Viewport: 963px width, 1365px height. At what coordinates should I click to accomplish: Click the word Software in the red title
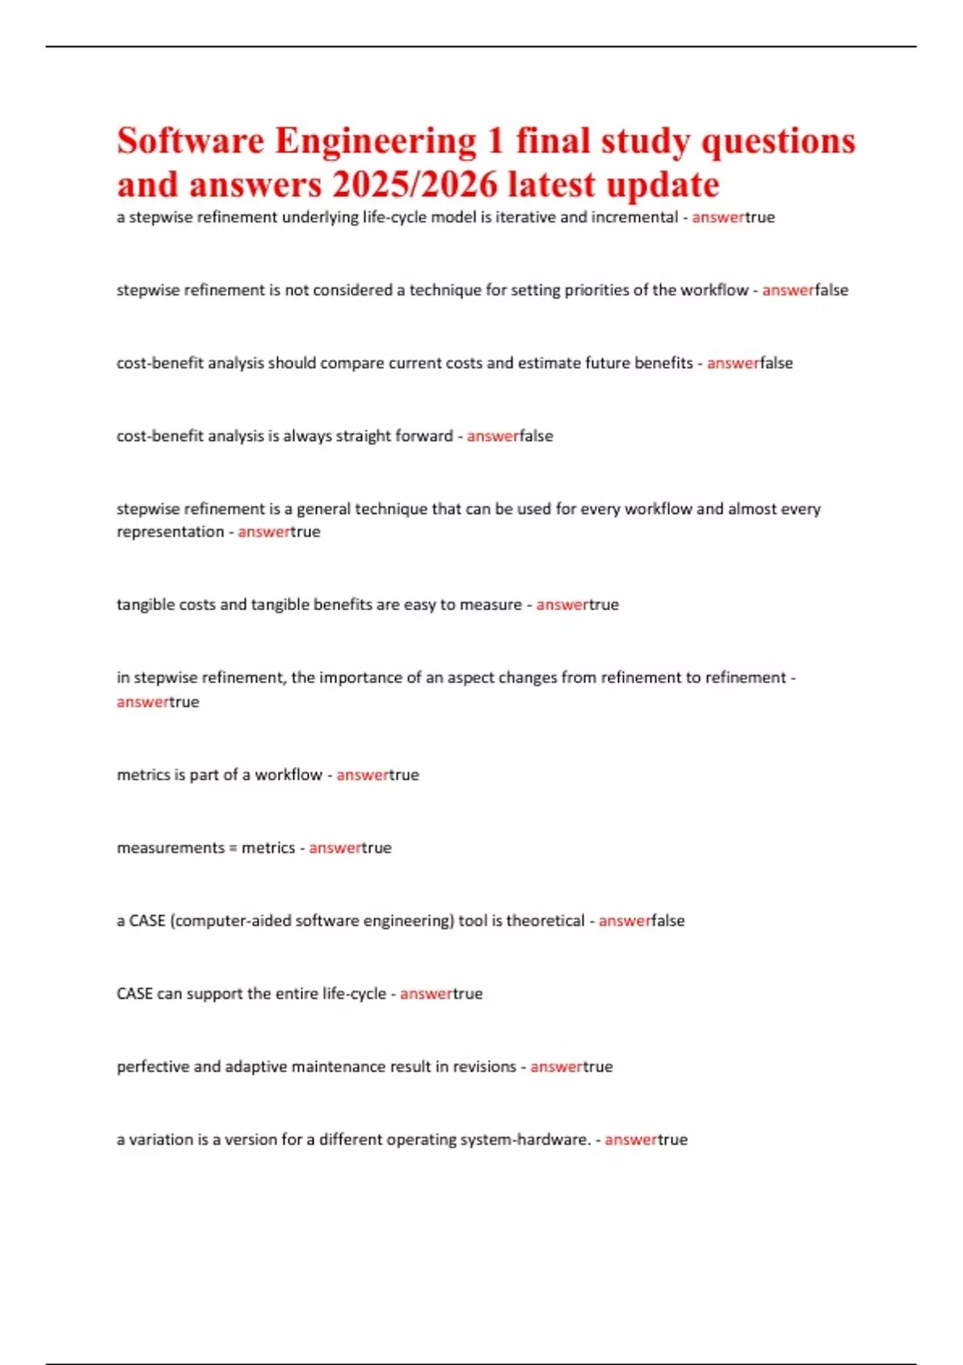tap(190, 141)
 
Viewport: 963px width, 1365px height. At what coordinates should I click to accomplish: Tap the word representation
tap(170, 532)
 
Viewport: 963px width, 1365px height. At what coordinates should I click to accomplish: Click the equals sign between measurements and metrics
tap(233, 848)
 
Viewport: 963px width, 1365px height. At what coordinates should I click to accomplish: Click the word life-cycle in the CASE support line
tap(354, 994)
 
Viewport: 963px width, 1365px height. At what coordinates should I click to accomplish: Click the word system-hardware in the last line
tap(534, 1140)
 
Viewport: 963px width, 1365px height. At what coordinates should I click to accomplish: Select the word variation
tap(160, 1140)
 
